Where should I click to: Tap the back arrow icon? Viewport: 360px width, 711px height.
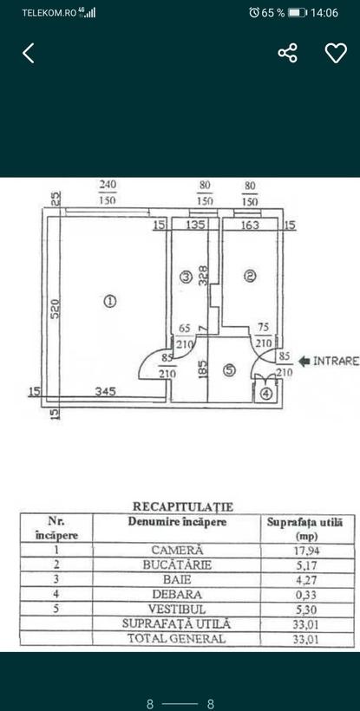[x=28, y=53]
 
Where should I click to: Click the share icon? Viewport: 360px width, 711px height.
[x=287, y=53]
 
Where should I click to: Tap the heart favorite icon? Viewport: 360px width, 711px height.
[x=336, y=54]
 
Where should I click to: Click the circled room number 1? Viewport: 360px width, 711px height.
[x=109, y=301]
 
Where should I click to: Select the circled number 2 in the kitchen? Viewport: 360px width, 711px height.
[x=250, y=276]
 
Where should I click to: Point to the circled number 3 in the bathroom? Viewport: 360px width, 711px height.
[x=186, y=277]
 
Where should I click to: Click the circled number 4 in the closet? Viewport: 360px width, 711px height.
[x=267, y=395]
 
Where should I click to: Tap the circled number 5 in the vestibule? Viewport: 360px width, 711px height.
[x=230, y=370]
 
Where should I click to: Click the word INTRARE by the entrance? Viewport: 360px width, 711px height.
[x=337, y=361]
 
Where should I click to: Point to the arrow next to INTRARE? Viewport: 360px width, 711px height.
[x=304, y=361]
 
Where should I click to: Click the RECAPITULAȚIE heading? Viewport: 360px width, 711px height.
[x=183, y=506]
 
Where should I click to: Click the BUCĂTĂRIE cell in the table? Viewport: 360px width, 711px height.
[x=177, y=565]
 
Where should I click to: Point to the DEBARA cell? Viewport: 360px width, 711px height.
[x=177, y=594]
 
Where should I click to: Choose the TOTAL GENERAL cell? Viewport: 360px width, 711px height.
[x=177, y=638]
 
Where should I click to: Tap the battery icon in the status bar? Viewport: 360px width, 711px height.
[x=298, y=13]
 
